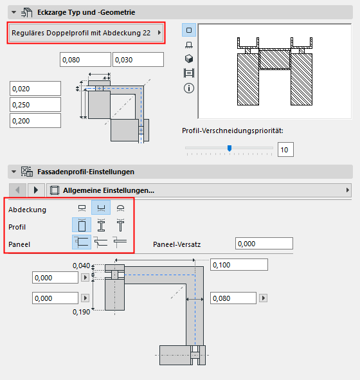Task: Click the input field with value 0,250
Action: coord(35,105)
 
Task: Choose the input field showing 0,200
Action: coord(35,121)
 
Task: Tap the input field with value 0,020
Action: coord(35,89)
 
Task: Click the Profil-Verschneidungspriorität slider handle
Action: coord(229,149)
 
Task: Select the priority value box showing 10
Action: coord(285,150)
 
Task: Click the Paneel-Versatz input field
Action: coord(264,244)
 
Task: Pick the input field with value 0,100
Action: coord(239,265)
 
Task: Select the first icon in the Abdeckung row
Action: coord(82,209)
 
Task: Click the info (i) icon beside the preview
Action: coord(190,87)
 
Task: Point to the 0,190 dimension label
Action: coord(81,311)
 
